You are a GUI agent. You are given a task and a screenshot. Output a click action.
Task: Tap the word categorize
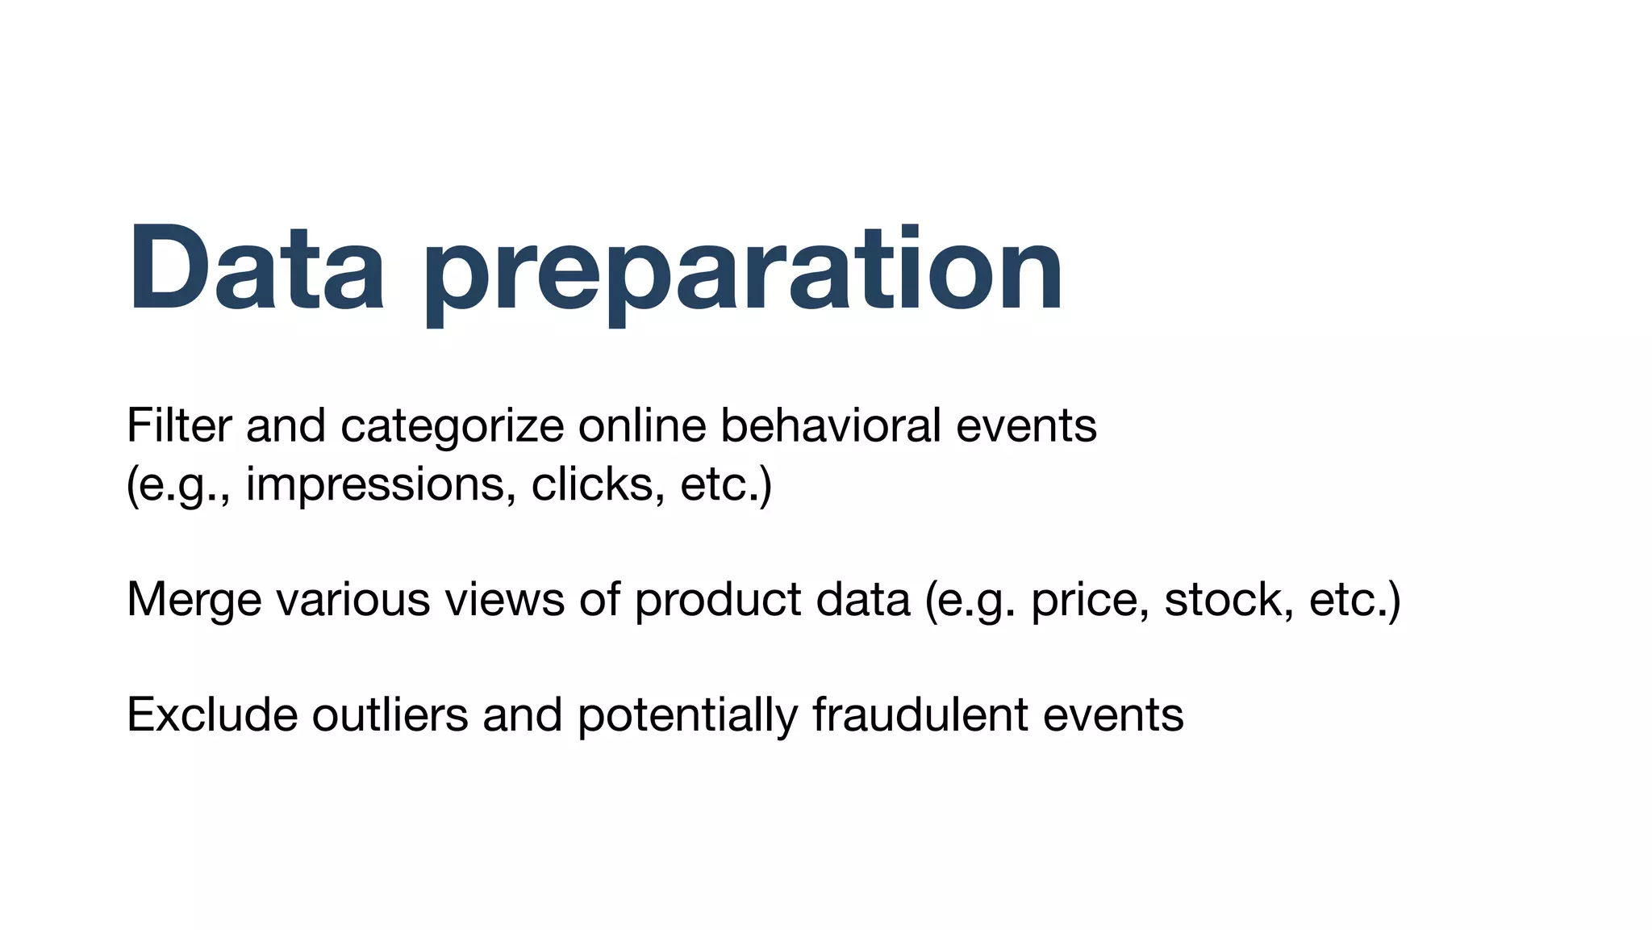click(x=452, y=425)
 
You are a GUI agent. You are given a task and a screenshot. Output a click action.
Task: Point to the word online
click(x=642, y=425)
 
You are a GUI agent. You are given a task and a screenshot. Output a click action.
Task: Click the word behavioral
click(x=831, y=425)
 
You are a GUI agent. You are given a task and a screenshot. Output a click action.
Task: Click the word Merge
click(x=194, y=600)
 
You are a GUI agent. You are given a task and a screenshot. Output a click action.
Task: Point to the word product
click(x=718, y=600)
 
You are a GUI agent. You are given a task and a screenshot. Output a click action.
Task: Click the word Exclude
click(x=212, y=715)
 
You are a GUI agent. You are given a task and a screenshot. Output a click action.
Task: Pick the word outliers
click(x=390, y=715)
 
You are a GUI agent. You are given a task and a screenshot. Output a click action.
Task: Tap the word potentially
click(x=687, y=715)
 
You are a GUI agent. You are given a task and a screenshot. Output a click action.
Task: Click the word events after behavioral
click(x=1026, y=425)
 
